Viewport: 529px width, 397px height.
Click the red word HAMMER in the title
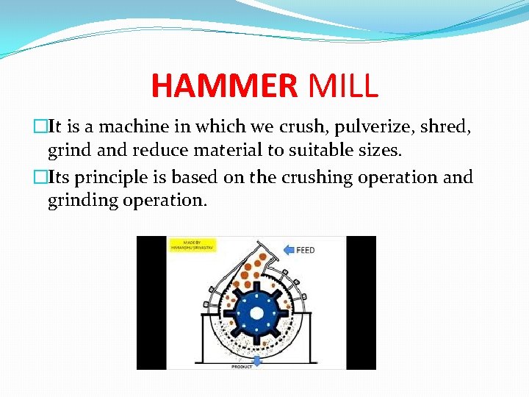[x=223, y=85]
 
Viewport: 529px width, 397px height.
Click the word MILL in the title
[x=343, y=85]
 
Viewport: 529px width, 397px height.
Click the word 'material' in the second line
[x=242, y=151]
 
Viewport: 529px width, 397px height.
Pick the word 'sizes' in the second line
[x=377, y=151]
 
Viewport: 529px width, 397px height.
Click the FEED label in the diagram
[x=306, y=250]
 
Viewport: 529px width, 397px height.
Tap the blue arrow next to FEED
[x=289, y=249]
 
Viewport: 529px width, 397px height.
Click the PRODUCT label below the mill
[x=242, y=365]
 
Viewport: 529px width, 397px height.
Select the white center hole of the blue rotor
[x=256, y=312]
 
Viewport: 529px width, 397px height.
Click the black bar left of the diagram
[x=151, y=302]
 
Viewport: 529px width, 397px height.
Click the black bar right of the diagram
[x=361, y=302]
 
